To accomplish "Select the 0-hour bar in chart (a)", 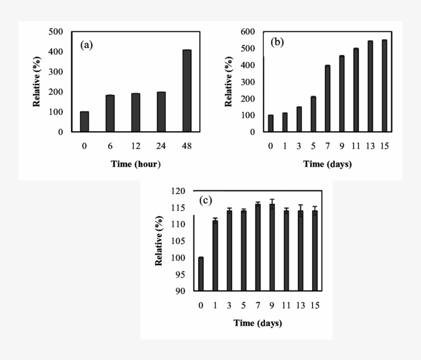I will coord(84,122).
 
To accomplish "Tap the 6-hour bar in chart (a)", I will coord(110,113).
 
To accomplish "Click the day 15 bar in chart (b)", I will coord(384,86).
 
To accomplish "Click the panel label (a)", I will coord(87,45).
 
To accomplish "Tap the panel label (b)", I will coord(277,42).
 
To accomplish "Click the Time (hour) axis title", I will coord(136,164).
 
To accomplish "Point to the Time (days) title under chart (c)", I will coord(258,323).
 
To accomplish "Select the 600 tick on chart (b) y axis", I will coord(248,32).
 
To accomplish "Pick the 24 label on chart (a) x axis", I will coord(161,146).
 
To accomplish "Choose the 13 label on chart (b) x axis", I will coord(370,146).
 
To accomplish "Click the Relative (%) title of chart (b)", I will coord(229,82).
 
